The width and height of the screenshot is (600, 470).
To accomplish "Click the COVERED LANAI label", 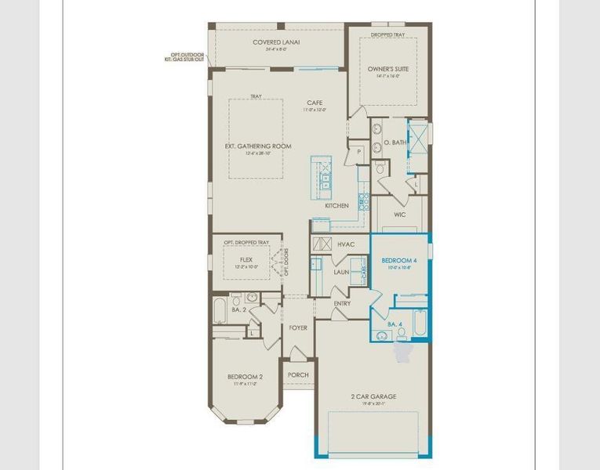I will pyautogui.click(x=276, y=42).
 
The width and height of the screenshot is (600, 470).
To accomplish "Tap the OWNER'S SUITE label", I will pyautogui.click(x=388, y=69).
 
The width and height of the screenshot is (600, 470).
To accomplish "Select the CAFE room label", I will pyautogui.click(x=315, y=103).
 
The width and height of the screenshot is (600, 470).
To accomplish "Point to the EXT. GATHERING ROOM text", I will pyautogui.click(x=257, y=146).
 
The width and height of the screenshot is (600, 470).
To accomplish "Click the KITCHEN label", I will pyautogui.click(x=337, y=206).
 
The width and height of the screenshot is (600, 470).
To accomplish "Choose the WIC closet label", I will pyautogui.click(x=399, y=214).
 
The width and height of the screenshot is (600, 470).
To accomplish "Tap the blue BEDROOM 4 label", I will pyautogui.click(x=399, y=260).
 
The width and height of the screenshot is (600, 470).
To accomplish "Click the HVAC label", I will pyautogui.click(x=346, y=244).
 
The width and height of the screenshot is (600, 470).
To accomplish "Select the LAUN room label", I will pyautogui.click(x=341, y=272).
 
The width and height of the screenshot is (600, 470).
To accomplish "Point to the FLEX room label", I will pyautogui.click(x=245, y=258).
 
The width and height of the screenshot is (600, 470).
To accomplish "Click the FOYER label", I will pyautogui.click(x=298, y=327).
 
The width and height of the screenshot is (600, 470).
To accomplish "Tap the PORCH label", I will pyautogui.click(x=298, y=374).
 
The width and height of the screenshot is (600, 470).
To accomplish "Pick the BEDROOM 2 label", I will pyautogui.click(x=245, y=377).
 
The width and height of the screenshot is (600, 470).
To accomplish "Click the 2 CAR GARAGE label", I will pyautogui.click(x=373, y=396).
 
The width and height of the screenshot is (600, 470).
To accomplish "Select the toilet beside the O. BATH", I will pyautogui.click(x=381, y=168).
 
